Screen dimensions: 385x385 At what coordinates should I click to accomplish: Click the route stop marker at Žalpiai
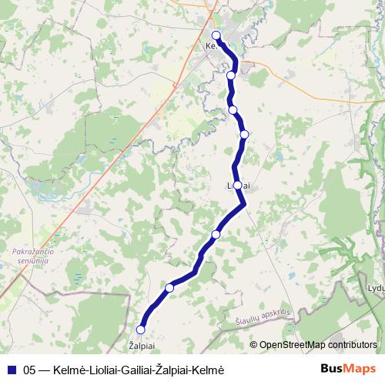141,330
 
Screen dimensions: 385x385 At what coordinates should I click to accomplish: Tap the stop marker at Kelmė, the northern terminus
216,35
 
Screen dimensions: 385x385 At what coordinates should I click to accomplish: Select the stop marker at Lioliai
237,185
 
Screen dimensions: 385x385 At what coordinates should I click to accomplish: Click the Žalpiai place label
141,347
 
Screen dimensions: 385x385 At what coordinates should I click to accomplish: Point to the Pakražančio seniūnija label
33,255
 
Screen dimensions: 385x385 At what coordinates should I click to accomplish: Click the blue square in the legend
12,370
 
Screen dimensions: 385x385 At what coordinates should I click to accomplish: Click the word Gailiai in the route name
128,370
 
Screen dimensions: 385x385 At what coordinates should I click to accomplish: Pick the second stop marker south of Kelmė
233,110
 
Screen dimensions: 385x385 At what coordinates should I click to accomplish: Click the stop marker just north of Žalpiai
169,288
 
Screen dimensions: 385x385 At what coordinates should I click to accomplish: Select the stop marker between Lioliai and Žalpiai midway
216,234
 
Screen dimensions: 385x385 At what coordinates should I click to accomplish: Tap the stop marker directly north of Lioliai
245,135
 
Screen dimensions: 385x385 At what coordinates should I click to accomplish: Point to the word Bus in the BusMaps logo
332,369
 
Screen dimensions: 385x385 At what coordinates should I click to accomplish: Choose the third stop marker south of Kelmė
245,135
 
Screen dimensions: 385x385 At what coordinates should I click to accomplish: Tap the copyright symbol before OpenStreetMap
254,344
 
